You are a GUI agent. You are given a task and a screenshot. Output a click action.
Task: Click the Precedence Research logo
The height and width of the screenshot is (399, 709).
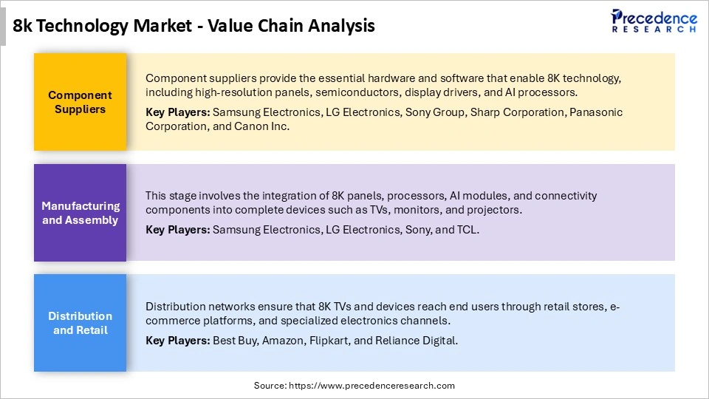pyautogui.click(x=654, y=21)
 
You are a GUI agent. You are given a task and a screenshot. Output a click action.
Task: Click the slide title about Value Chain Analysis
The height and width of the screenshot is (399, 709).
pyautogui.click(x=194, y=26)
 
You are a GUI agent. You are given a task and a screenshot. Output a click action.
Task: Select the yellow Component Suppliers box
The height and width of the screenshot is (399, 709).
pyautogui.click(x=80, y=102)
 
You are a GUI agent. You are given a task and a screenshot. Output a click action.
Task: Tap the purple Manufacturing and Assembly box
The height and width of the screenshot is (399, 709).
pyautogui.click(x=80, y=213)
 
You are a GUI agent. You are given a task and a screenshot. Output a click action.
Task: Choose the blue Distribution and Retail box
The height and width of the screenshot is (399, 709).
pyautogui.click(x=80, y=323)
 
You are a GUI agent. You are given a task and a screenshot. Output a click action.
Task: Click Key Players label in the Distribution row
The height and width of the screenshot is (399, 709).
pyautogui.click(x=177, y=341)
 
